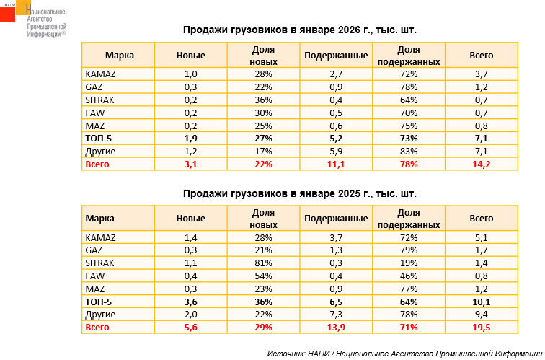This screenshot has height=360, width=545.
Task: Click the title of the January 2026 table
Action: pos(299,31)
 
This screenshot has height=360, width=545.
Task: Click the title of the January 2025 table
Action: pos(299,194)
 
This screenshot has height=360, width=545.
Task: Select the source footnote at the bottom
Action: pos(403,353)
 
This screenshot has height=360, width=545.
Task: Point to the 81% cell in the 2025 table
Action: pos(263,263)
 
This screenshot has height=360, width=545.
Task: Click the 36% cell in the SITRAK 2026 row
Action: pos(263,100)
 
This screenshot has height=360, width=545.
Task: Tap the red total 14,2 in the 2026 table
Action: pos(481,164)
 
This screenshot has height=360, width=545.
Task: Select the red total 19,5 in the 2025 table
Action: pos(481,328)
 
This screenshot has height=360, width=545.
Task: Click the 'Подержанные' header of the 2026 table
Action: pos(336,56)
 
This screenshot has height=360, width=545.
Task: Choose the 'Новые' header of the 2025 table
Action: pos(191,219)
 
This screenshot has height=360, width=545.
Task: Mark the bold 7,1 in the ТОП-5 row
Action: pos(481,139)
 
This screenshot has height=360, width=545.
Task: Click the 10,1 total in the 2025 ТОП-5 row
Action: pos(481,302)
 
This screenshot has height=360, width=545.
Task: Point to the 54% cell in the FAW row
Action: pos(263,276)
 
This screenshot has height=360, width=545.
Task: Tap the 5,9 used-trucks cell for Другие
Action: pos(336,152)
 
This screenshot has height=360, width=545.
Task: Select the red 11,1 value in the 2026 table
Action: pos(336,164)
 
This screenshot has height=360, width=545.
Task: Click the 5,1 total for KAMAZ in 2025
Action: pos(481,237)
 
